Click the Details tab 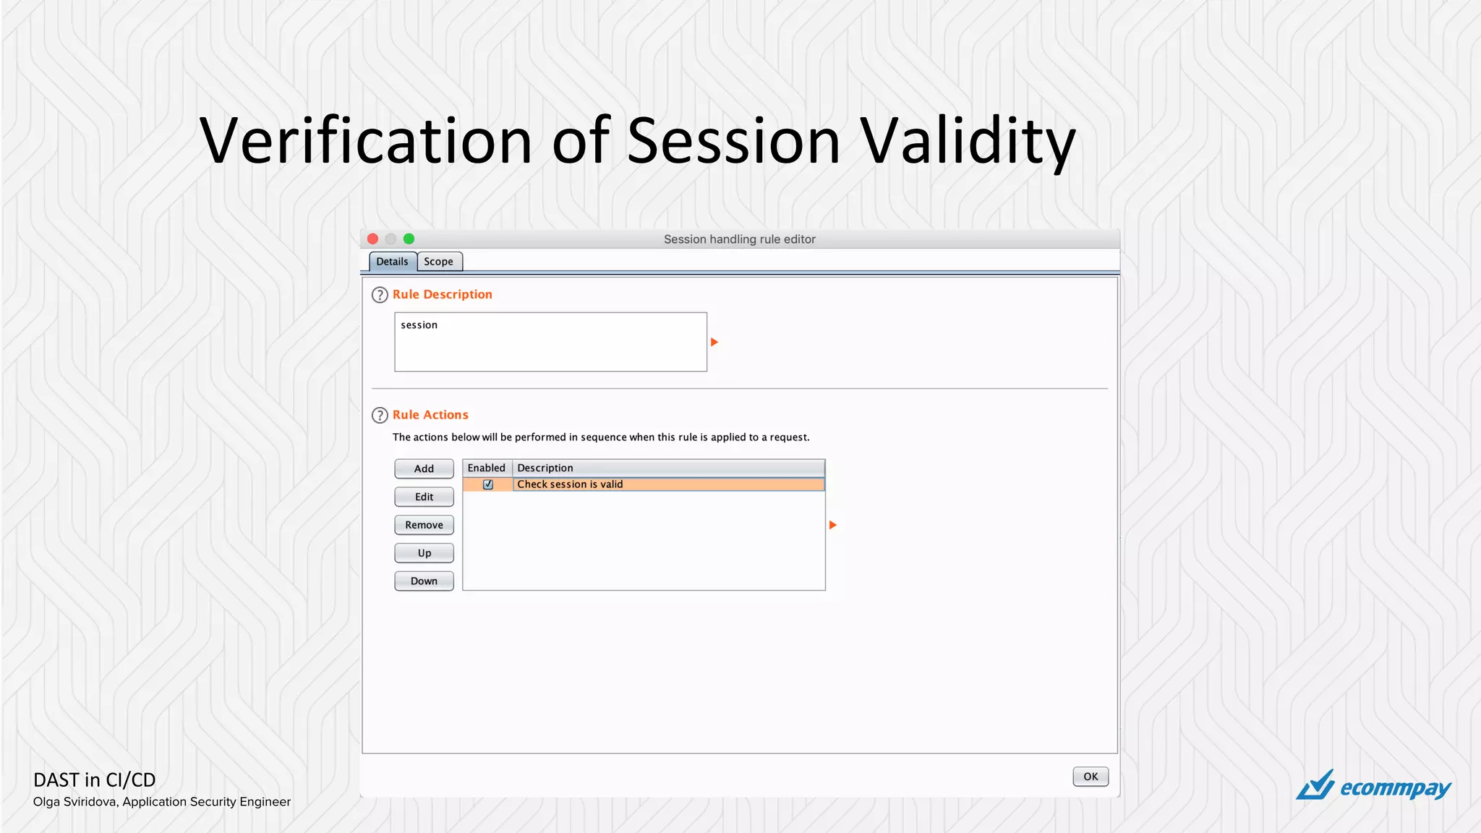point(392,262)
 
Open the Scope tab point(439,262)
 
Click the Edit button point(424,497)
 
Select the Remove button point(424,525)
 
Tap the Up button point(424,553)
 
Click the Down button point(424,581)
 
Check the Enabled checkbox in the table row point(488,484)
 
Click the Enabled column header point(487,468)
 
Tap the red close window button point(373,239)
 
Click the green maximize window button point(409,239)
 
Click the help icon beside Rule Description point(380,295)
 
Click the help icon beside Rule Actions point(380,415)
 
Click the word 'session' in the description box point(419,325)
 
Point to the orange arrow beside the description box point(714,342)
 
